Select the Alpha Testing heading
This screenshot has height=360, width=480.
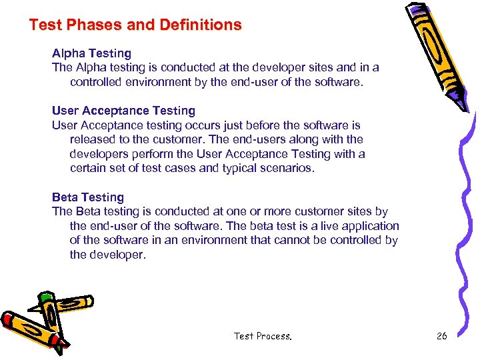tap(91, 53)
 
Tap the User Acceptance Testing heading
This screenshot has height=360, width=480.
tap(123, 111)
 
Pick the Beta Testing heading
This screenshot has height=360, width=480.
tap(88, 197)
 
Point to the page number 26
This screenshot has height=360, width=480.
tap(441, 336)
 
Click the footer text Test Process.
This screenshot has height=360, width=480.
tap(263, 336)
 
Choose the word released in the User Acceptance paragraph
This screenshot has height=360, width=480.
tap(92, 139)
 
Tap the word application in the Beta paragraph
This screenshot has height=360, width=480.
tap(370, 226)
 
